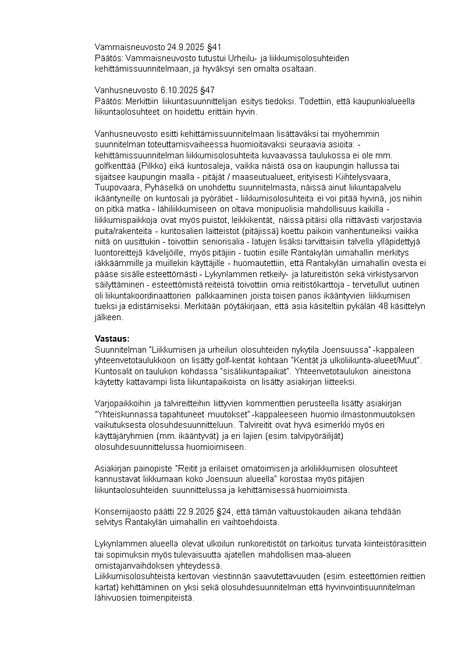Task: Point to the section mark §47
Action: click(207, 90)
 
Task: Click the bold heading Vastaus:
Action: click(112, 339)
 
